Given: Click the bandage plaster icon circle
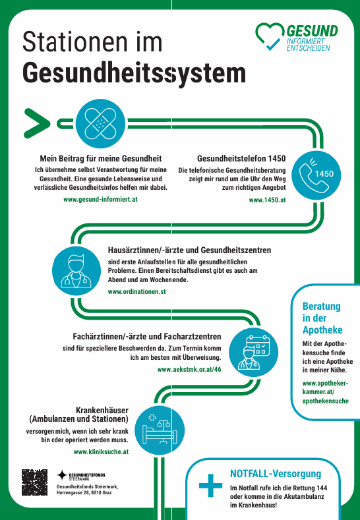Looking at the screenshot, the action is click(101, 122).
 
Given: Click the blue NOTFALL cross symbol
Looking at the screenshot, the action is click(210, 488).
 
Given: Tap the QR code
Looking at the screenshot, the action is click(34, 482).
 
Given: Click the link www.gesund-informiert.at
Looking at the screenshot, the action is click(100, 198).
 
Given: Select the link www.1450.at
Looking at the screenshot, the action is click(267, 199).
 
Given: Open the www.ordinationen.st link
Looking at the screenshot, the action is click(136, 291).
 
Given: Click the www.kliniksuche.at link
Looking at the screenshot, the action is click(101, 451).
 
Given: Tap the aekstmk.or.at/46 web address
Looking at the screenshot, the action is click(189, 370).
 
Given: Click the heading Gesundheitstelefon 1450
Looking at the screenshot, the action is click(241, 159).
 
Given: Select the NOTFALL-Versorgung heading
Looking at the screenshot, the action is click(276, 474).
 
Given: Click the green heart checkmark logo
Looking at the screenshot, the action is click(269, 37).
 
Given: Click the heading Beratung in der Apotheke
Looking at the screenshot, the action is click(322, 318).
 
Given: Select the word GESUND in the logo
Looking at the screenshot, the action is click(312, 30).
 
